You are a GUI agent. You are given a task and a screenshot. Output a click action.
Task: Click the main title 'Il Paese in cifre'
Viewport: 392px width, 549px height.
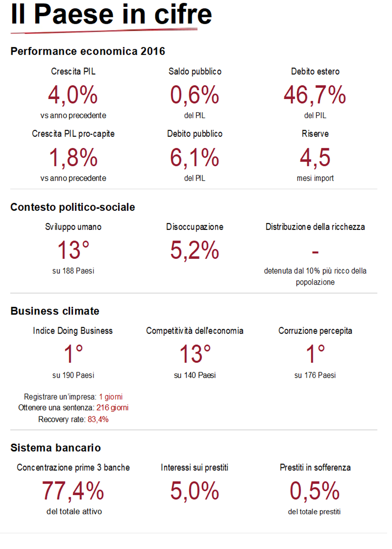point(111,14)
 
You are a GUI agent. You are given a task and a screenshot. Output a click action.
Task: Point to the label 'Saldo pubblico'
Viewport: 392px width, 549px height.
point(195,71)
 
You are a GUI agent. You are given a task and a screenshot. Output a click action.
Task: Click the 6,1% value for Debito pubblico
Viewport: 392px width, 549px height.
point(195,157)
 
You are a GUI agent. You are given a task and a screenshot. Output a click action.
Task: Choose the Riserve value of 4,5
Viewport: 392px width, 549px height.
point(315,157)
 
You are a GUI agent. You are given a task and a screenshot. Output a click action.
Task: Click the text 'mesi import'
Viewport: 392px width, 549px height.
point(315,178)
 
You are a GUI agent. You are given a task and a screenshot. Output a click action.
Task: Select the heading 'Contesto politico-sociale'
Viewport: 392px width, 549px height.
point(73,207)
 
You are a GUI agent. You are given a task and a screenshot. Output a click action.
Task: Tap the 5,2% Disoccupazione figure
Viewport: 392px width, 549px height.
point(195,250)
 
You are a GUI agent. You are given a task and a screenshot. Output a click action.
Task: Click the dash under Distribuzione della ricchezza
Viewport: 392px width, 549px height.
point(315,252)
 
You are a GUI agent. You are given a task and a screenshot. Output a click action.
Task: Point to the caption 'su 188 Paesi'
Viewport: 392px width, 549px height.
point(73,271)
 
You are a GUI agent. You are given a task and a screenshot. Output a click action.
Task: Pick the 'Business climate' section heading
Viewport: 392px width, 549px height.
point(55,311)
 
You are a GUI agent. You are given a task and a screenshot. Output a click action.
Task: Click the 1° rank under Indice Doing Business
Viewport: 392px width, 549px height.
point(73,354)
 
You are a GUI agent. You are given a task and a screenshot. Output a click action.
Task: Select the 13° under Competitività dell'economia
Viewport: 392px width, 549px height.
point(195,354)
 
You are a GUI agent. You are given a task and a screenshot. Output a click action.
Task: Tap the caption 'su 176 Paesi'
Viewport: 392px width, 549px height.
point(315,375)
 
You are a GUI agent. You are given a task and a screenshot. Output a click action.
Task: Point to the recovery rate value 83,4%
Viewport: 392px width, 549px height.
point(98,419)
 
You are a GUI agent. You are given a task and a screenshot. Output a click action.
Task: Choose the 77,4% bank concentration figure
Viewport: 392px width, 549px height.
point(73,491)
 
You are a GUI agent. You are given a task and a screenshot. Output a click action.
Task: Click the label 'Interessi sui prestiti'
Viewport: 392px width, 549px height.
point(195,468)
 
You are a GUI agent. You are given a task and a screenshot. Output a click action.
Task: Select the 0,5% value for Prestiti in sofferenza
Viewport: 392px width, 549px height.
point(315,491)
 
